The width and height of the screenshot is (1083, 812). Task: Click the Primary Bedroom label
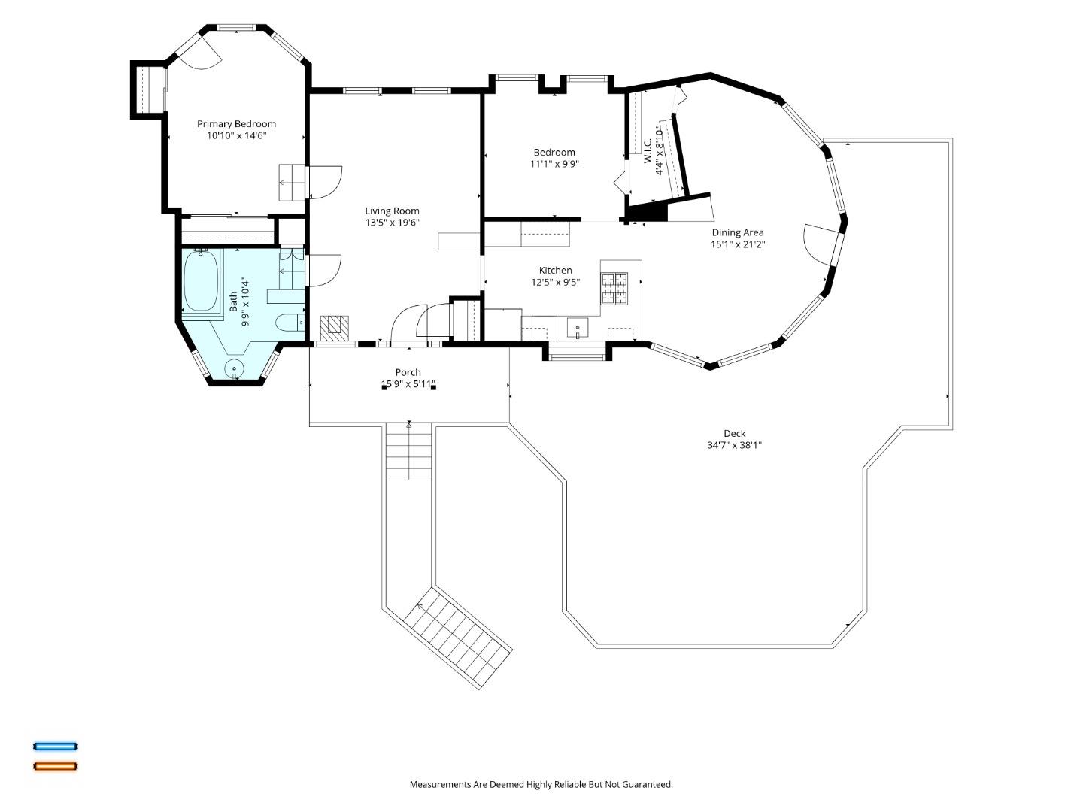pyautogui.click(x=236, y=124)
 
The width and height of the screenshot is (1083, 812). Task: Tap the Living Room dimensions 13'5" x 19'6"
pyautogui.click(x=393, y=223)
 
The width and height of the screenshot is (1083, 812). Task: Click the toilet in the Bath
pyautogui.click(x=290, y=323)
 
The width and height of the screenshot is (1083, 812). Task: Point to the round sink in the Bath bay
pyautogui.click(x=235, y=368)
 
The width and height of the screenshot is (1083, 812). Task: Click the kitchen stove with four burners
pyautogui.click(x=614, y=288)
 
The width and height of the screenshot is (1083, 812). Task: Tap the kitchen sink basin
pyautogui.click(x=578, y=327)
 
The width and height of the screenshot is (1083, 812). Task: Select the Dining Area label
pyautogui.click(x=738, y=233)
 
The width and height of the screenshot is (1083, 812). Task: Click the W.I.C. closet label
pyautogui.click(x=648, y=151)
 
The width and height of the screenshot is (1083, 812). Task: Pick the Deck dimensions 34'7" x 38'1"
pyautogui.click(x=735, y=445)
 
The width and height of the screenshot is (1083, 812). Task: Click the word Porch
pyautogui.click(x=408, y=372)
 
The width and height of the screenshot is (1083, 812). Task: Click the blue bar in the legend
pyautogui.click(x=55, y=746)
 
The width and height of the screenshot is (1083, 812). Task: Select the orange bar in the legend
pyautogui.click(x=55, y=766)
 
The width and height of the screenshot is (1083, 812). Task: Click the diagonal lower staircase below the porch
pyautogui.click(x=457, y=638)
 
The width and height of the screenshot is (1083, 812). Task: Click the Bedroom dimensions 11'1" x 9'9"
pyautogui.click(x=554, y=164)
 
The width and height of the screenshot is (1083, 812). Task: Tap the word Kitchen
pyautogui.click(x=556, y=270)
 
